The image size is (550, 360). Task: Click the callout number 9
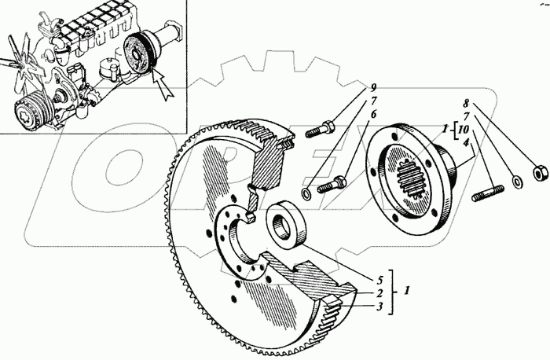tap(375, 87)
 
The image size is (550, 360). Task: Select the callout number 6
tap(375, 115)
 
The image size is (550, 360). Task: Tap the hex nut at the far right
tap(540, 171)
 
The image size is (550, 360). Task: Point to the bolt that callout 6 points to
tap(330, 186)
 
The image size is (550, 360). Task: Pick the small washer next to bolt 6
tap(305, 193)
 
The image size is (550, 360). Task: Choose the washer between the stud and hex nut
tap(516, 182)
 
